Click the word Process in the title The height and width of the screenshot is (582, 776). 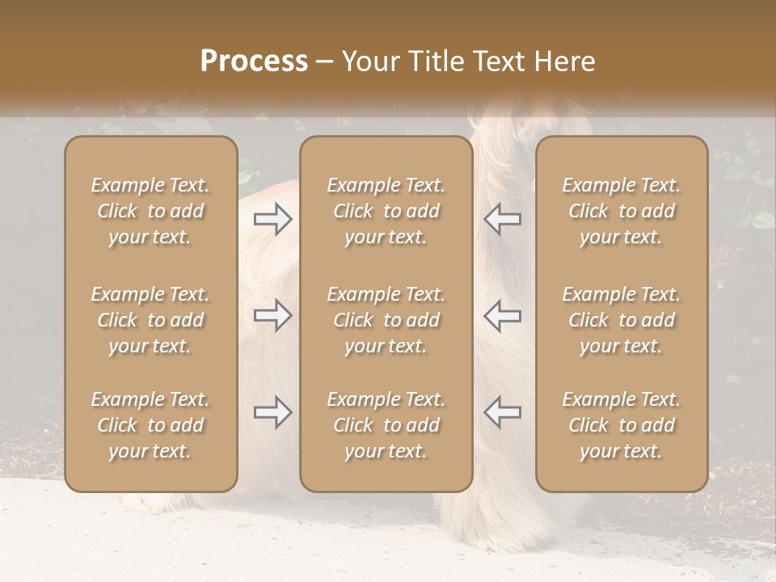tap(254, 61)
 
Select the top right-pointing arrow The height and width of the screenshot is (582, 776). tap(273, 218)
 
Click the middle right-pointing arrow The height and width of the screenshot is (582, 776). tap(273, 315)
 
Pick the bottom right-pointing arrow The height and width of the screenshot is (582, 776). tap(273, 412)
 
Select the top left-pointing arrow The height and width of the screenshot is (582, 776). tap(503, 218)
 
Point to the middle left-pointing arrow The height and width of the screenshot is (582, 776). tap(503, 315)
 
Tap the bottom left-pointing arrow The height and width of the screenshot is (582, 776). tap(503, 412)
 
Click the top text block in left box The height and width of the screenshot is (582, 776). tap(150, 211)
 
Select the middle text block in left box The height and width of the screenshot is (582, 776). tap(150, 320)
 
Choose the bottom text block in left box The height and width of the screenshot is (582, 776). tap(150, 425)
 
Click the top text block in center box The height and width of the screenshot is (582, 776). tap(386, 211)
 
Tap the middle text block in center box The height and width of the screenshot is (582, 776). tap(386, 320)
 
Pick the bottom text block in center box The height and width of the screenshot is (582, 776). tap(386, 425)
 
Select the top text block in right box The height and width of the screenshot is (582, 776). tap(622, 211)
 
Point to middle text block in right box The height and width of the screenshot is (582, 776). tap(622, 320)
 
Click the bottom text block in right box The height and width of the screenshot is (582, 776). tap(622, 425)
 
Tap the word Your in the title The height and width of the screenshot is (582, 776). tap(367, 61)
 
